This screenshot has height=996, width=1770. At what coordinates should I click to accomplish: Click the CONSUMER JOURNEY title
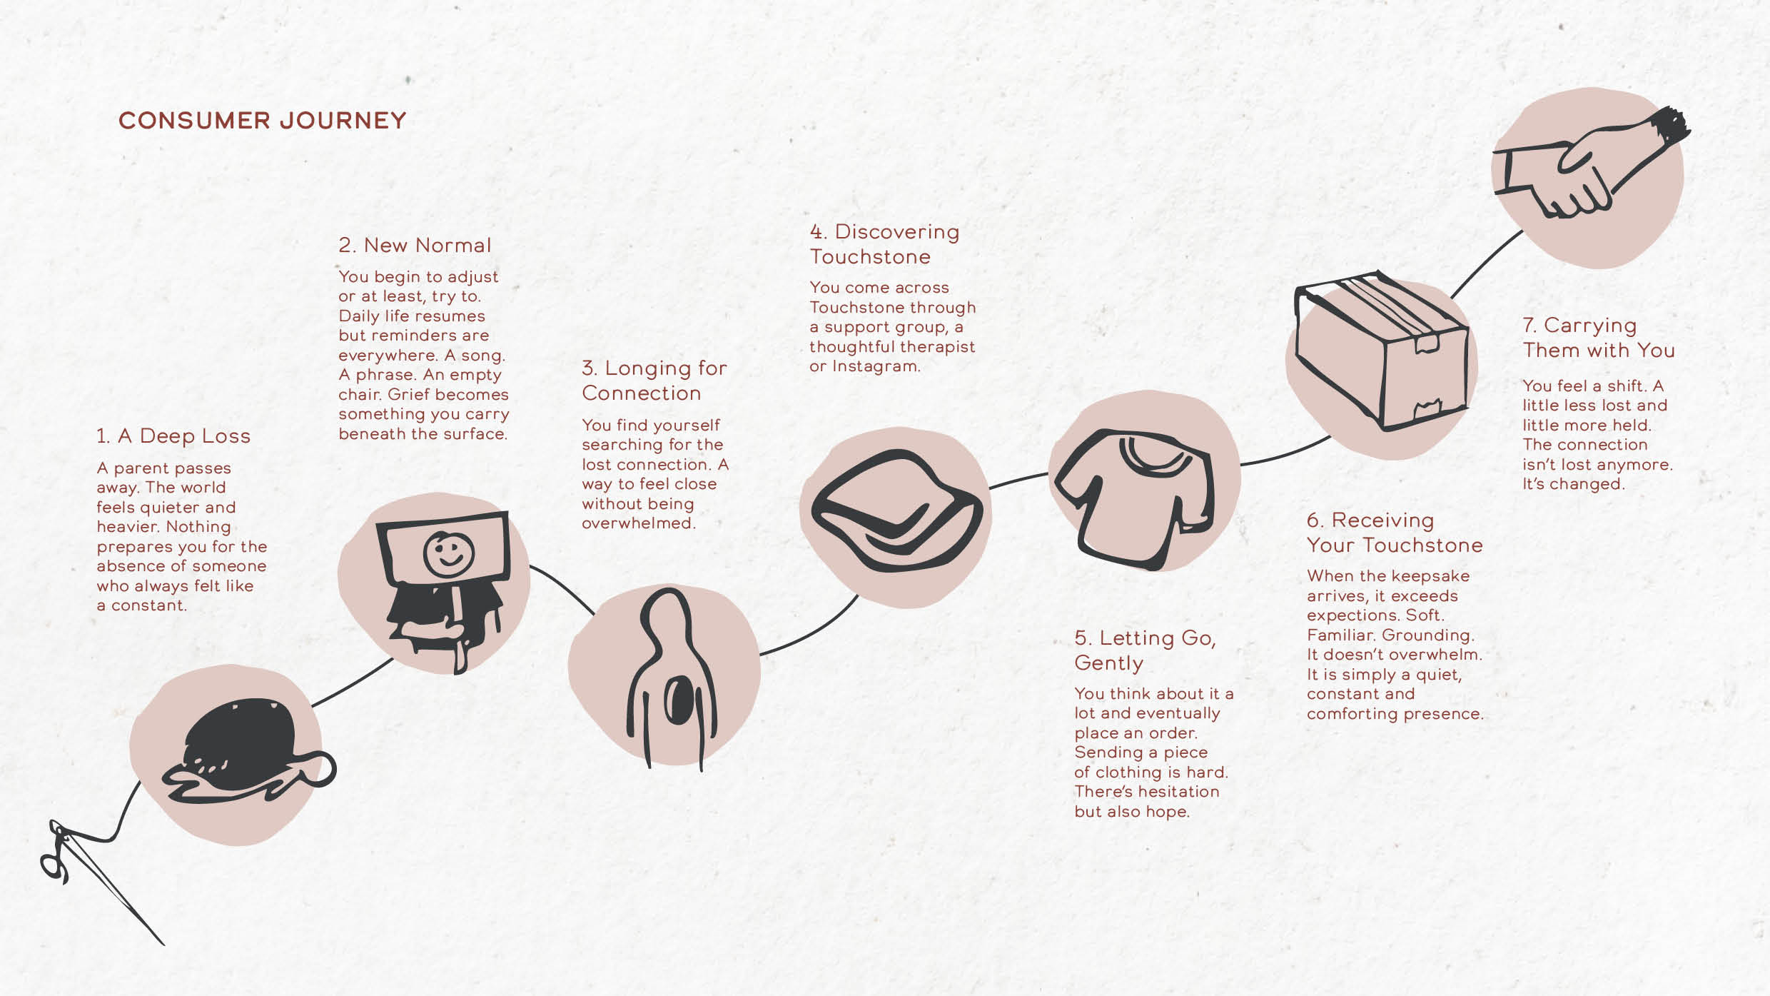[x=262, y=121]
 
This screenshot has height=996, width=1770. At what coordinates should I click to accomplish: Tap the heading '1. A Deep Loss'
[x=173, y=436]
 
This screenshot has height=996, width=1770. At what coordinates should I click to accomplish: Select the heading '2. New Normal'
[x=415, y=246]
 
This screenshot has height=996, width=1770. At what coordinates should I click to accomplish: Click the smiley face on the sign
[x=448, y=553]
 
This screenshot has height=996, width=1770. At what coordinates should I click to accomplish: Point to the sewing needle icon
[x=100, y=878]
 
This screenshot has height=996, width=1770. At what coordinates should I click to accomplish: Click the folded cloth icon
[x=897, y=511]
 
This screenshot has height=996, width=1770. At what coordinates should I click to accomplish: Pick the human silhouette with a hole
[x=671, y=678]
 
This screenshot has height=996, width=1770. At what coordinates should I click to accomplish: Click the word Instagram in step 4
[x=876, y=367]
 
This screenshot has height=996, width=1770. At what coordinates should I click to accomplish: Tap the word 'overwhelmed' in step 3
[x=638, y=523]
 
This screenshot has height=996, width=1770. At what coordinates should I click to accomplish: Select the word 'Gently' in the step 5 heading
[x=1108, y=663]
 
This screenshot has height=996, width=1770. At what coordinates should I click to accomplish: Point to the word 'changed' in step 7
[x=1585, y=484]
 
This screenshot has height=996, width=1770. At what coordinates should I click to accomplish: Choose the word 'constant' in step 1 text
[x=148, y=606]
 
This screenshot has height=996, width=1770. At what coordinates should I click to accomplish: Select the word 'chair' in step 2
[x=360, y=395]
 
